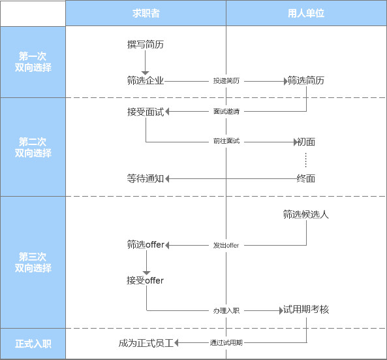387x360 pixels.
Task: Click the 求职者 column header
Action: (146, 13)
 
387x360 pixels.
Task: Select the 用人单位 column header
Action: (306, 13)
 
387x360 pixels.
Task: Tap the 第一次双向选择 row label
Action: (33, 62)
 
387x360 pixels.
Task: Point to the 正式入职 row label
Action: (33, 344)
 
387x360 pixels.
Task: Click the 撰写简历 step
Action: (146, 44)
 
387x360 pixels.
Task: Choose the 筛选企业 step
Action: (146, 80)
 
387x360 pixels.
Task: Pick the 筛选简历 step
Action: (306, 80)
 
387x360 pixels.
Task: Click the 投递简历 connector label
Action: (226, 81)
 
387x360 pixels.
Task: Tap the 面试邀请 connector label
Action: (226, 112)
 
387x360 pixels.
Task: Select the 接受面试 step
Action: (146, 112)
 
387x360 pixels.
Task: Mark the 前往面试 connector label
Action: (226, 141)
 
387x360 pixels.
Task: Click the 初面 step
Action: (306, 142)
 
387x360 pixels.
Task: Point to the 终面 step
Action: (306, 178)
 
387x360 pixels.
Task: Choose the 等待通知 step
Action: (146, 178)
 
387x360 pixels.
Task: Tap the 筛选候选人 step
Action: (306, 214)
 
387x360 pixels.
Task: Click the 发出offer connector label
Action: (226, 246)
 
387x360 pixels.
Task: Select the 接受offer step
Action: (145, 280)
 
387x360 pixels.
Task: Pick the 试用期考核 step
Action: (306, 309)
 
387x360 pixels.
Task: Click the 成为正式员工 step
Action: (146, 343)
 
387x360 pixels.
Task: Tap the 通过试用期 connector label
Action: (226, 343)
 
